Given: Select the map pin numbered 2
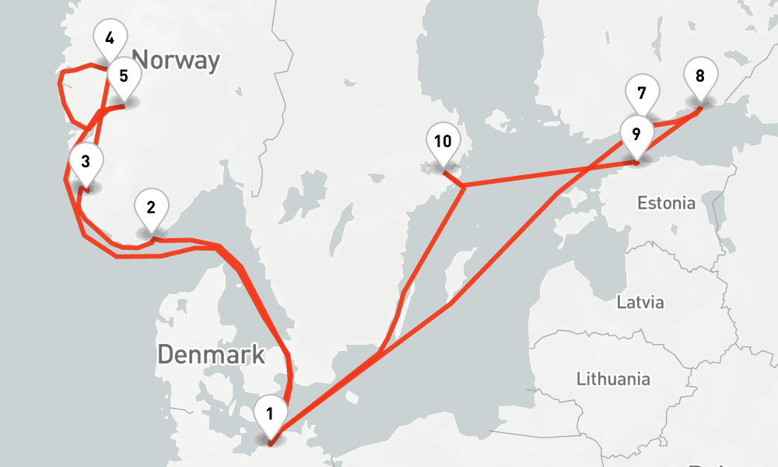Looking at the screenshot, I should pyautogui.click(x=151, y=208).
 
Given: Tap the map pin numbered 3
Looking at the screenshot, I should pyautogui.click(x=85, y=163).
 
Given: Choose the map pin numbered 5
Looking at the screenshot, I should pyautogui.click(x=123, y=76).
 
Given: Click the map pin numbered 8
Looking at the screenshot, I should pyautogui.click(x=700, y=77).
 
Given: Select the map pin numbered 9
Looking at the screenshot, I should pyautogui.click(x=636, y=134).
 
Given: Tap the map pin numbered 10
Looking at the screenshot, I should pyautogui.click(x=443, y=142).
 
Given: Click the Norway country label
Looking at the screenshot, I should pyautogui.click(x=176, y=60).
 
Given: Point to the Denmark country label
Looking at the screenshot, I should pyautogui.click(x=211, y=355).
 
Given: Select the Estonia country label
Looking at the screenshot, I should pyautogui.click(x=666, y=204).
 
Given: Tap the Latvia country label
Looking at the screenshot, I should pyautogui.click(x=640, y=302).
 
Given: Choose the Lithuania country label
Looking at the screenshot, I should pyautogui.click(x=613, y=380).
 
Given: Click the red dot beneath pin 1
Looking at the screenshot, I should pyautogui.click(x=270, y=442).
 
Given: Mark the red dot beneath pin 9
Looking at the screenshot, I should pyautogui.click(x=636, y=163).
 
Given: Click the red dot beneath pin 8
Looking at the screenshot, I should pyautogui.click(x=700, y=107).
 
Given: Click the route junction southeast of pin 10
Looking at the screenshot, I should pyautogui.click(x=463, y=187).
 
